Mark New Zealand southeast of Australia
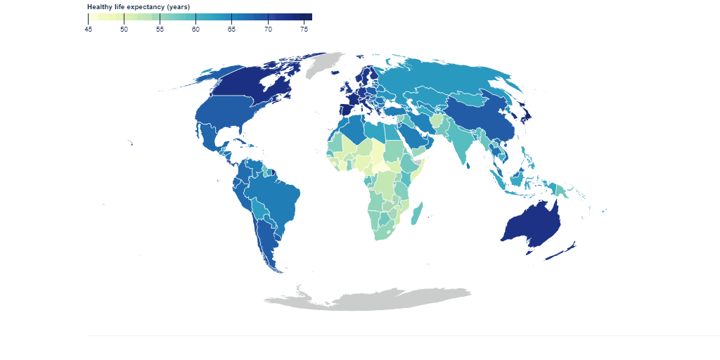pos(562,251)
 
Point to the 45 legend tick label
pos(88,29)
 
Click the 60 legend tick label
pos(195,29)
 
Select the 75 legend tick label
pos(304,29)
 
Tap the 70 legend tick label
pos(268,29)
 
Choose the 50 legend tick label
pos(124,29)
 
